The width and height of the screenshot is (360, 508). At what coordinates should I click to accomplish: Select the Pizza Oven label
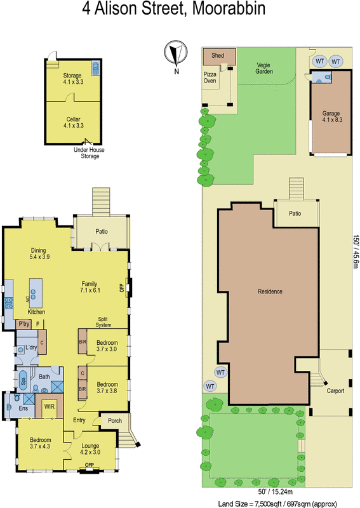(x=210, y=77)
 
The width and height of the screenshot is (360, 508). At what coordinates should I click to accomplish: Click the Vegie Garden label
(x=264, y=68)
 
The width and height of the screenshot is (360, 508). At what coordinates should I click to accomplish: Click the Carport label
(x=335, y=391)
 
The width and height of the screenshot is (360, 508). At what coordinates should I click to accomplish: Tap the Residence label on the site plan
(x=270, y=291)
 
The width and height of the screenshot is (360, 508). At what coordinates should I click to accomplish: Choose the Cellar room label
(x=72, y=123)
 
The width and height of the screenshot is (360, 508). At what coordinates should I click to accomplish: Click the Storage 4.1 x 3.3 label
(x=72, y=79)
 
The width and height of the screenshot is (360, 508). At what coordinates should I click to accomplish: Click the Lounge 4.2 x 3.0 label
(x=91, y=449)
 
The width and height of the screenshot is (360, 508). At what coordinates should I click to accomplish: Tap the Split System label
(x=103, y=322)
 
